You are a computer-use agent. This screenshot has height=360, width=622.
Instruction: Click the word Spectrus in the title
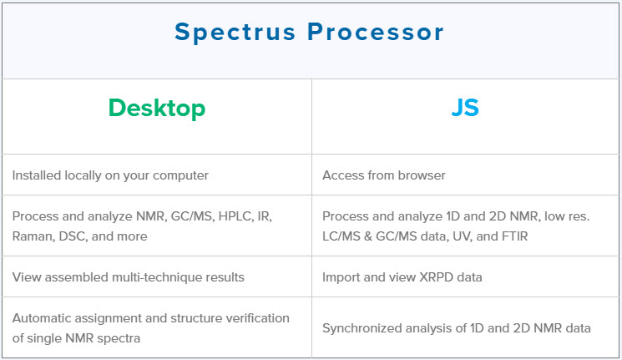click(235, 33)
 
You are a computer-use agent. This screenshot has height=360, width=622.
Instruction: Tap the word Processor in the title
click(375, 32)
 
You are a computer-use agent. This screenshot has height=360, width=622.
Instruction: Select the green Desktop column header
click(157, 109)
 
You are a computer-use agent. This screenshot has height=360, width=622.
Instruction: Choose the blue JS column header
click(465, 107)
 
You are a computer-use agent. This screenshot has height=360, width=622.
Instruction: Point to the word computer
click(180, 176)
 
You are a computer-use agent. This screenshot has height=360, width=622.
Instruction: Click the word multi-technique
click(152, 277)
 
